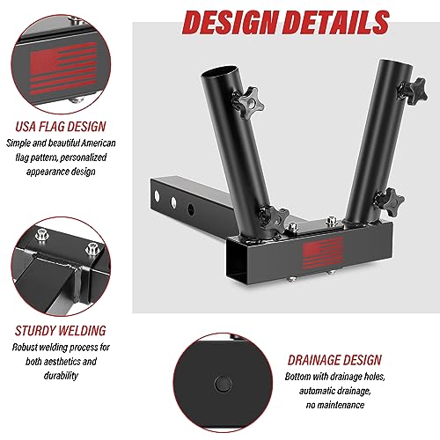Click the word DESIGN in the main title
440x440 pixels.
(x=231, y=23)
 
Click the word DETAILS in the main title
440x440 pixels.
(x=337, y=23)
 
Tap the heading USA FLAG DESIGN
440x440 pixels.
(x=61, y=127)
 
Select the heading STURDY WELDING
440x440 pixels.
(x=61, y=331)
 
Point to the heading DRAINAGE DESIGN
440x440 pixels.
(x=334, y=360)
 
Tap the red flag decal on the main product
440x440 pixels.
(x=323, y=253)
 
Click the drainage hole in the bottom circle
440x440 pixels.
(x=223, y=384)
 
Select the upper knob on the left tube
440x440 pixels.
(x=247, y=102)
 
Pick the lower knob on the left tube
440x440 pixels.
(x=274, y=222)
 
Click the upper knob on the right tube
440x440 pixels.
(x=413, y=90)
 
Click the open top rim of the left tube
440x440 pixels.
(x=220, y=72)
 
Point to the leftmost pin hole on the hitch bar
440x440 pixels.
(x=157, y=196)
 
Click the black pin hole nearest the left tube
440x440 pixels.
(x=191, y=209)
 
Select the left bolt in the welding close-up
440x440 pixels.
(x=40, y=235)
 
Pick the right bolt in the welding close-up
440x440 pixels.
(x=92, y=249)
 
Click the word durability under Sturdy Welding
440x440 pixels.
(x=61, y=376)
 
